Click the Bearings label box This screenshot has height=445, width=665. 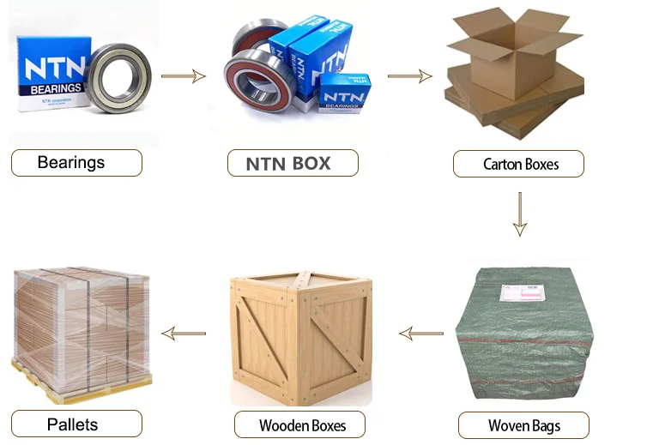coord(76,163)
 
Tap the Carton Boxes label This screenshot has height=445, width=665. coord(518,164)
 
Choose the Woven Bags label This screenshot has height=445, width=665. coord(523,424)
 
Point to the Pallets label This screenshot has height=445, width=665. coord(76,424)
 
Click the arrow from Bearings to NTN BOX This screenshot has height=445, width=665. coord(184,76)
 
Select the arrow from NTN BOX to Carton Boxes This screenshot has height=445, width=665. coord(409,76)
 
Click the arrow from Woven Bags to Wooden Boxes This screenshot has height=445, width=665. coord(420,332)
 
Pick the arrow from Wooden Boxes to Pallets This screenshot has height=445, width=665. coord(184,332)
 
